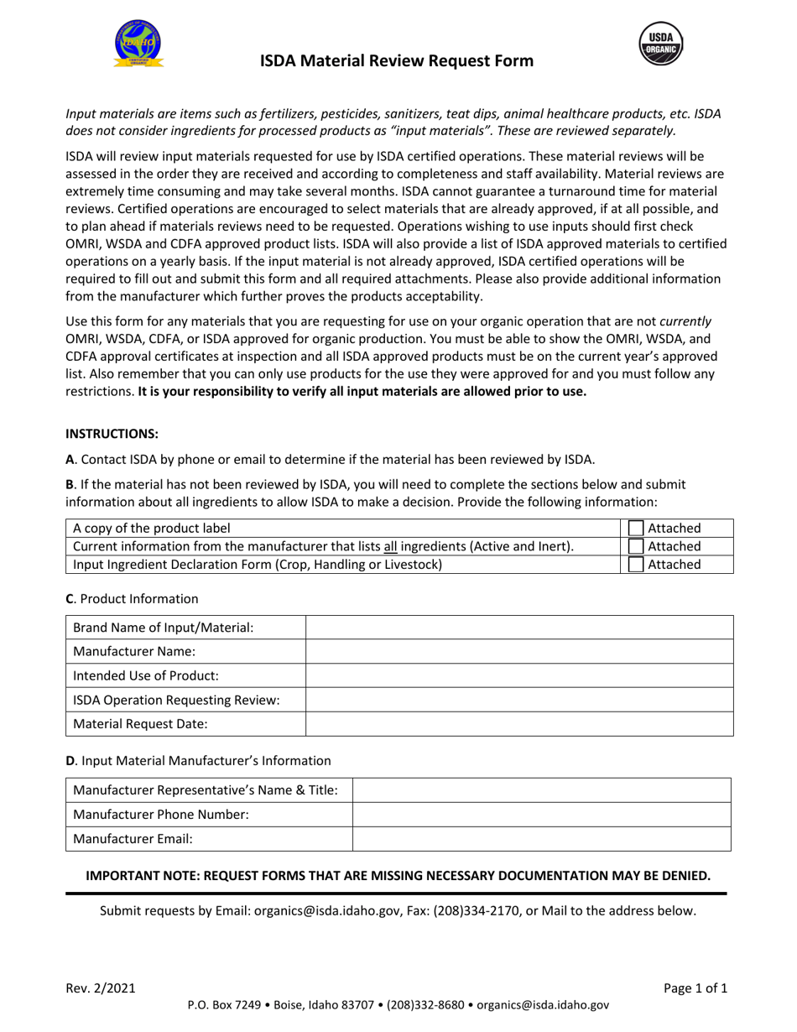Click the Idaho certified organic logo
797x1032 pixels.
pyautogui.click(x=138, y=42)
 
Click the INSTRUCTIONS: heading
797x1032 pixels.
pyautogui.click(x=112, y=434)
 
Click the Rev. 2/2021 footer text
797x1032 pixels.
pyautogui.click(x=98, y=988)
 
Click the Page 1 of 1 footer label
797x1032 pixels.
pyautogui.click(x=695, y=988)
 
